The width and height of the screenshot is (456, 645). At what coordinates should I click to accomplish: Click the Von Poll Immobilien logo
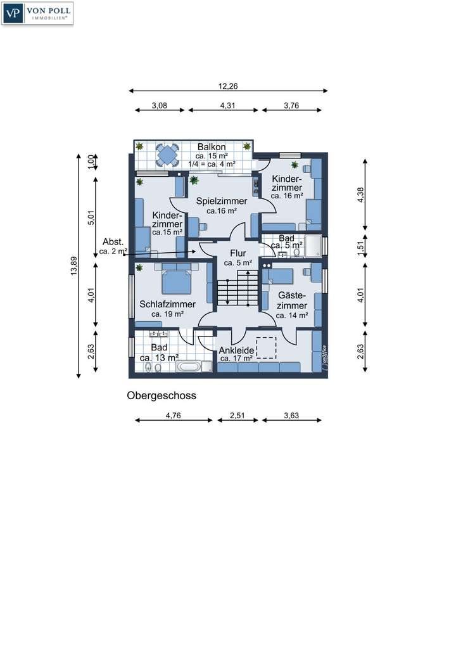tap(38, 13)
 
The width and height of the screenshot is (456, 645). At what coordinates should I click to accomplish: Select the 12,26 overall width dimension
tap(228, 86)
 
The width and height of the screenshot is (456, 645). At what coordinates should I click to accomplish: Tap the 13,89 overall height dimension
tap(74, 269)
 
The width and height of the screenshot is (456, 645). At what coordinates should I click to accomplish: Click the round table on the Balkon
tap(168, 155)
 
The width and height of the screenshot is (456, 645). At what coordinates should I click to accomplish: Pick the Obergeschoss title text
tap(161, 395)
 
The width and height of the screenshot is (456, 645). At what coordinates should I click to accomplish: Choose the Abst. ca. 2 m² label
tap(113, 246)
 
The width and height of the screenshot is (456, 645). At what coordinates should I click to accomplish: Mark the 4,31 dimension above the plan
tap(227, 106)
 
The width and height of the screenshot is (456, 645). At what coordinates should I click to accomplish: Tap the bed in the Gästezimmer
tap(279, 275)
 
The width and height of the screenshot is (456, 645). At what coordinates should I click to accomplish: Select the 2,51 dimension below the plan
tap(237, 416)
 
